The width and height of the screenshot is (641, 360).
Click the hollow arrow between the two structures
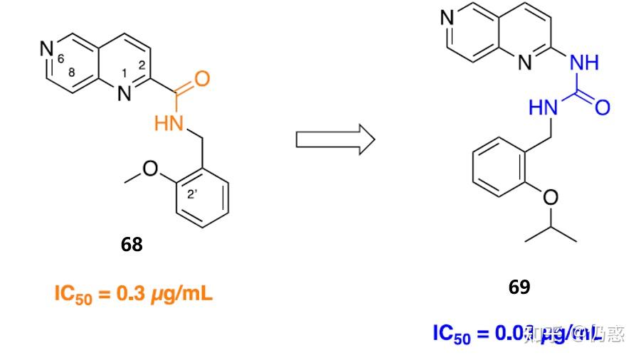[x=334, y=138]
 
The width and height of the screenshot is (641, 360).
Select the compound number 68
[x=132, y=245]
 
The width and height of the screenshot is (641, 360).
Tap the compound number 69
[x=519, y=287]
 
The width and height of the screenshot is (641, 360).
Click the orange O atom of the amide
[x=202, y=78]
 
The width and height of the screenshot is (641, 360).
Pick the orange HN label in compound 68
[x=169, y=124]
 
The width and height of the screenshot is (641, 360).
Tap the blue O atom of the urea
[x=603, y=108]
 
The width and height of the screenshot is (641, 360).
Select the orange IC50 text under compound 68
[x=73, y=294]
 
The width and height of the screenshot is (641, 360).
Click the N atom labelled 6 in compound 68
[x=47, y=49]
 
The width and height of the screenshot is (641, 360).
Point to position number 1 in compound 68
[x=125, y=73]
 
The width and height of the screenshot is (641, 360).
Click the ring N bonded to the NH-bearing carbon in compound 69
[x=525, y=63]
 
